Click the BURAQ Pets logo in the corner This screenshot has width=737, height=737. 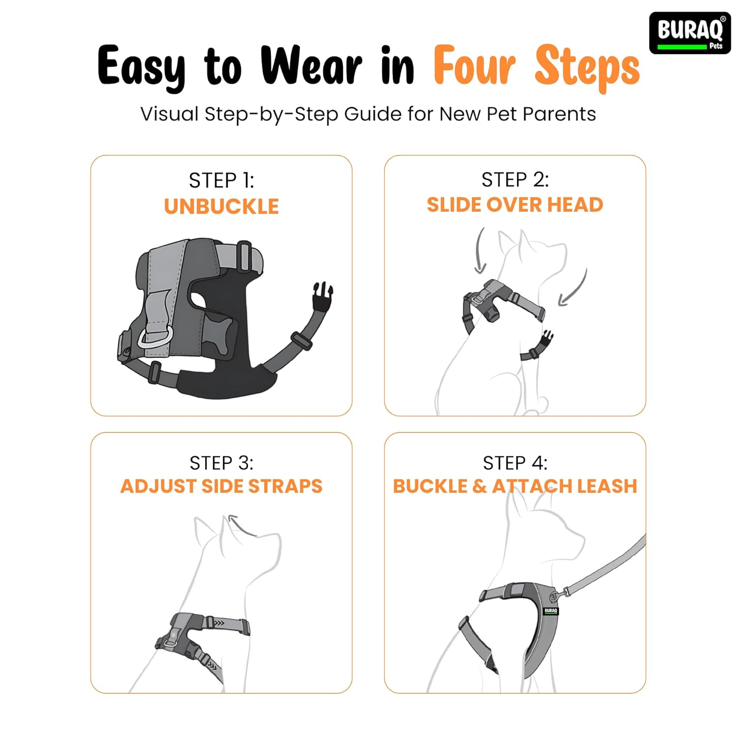tap(690, 33)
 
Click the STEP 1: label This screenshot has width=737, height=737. tap(222, 180)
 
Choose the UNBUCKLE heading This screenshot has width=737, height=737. tap(222, 206)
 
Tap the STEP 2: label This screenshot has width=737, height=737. tap(515, 180)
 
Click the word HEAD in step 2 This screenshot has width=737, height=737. tap(575, 204)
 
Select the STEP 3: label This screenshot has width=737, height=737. tap(222, 463)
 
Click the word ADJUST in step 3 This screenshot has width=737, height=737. tap(159, 486)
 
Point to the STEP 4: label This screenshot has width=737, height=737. tap(515, 463)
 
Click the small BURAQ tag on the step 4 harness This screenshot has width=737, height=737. tap(551, 611)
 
